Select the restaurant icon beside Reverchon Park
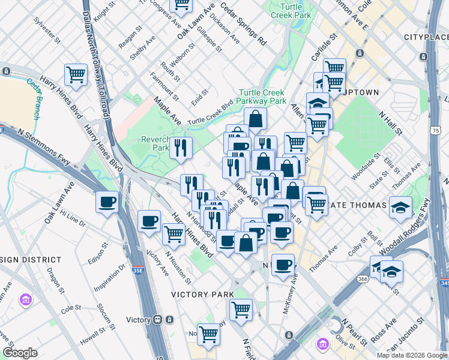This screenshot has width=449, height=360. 181,147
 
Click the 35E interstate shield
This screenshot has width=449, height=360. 137,271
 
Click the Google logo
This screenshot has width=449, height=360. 20,352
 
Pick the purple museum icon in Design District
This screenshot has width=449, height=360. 26,299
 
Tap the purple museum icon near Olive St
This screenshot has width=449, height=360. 323,344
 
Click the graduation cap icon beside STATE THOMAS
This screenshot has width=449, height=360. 400,208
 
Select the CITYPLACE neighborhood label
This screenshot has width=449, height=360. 426,37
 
